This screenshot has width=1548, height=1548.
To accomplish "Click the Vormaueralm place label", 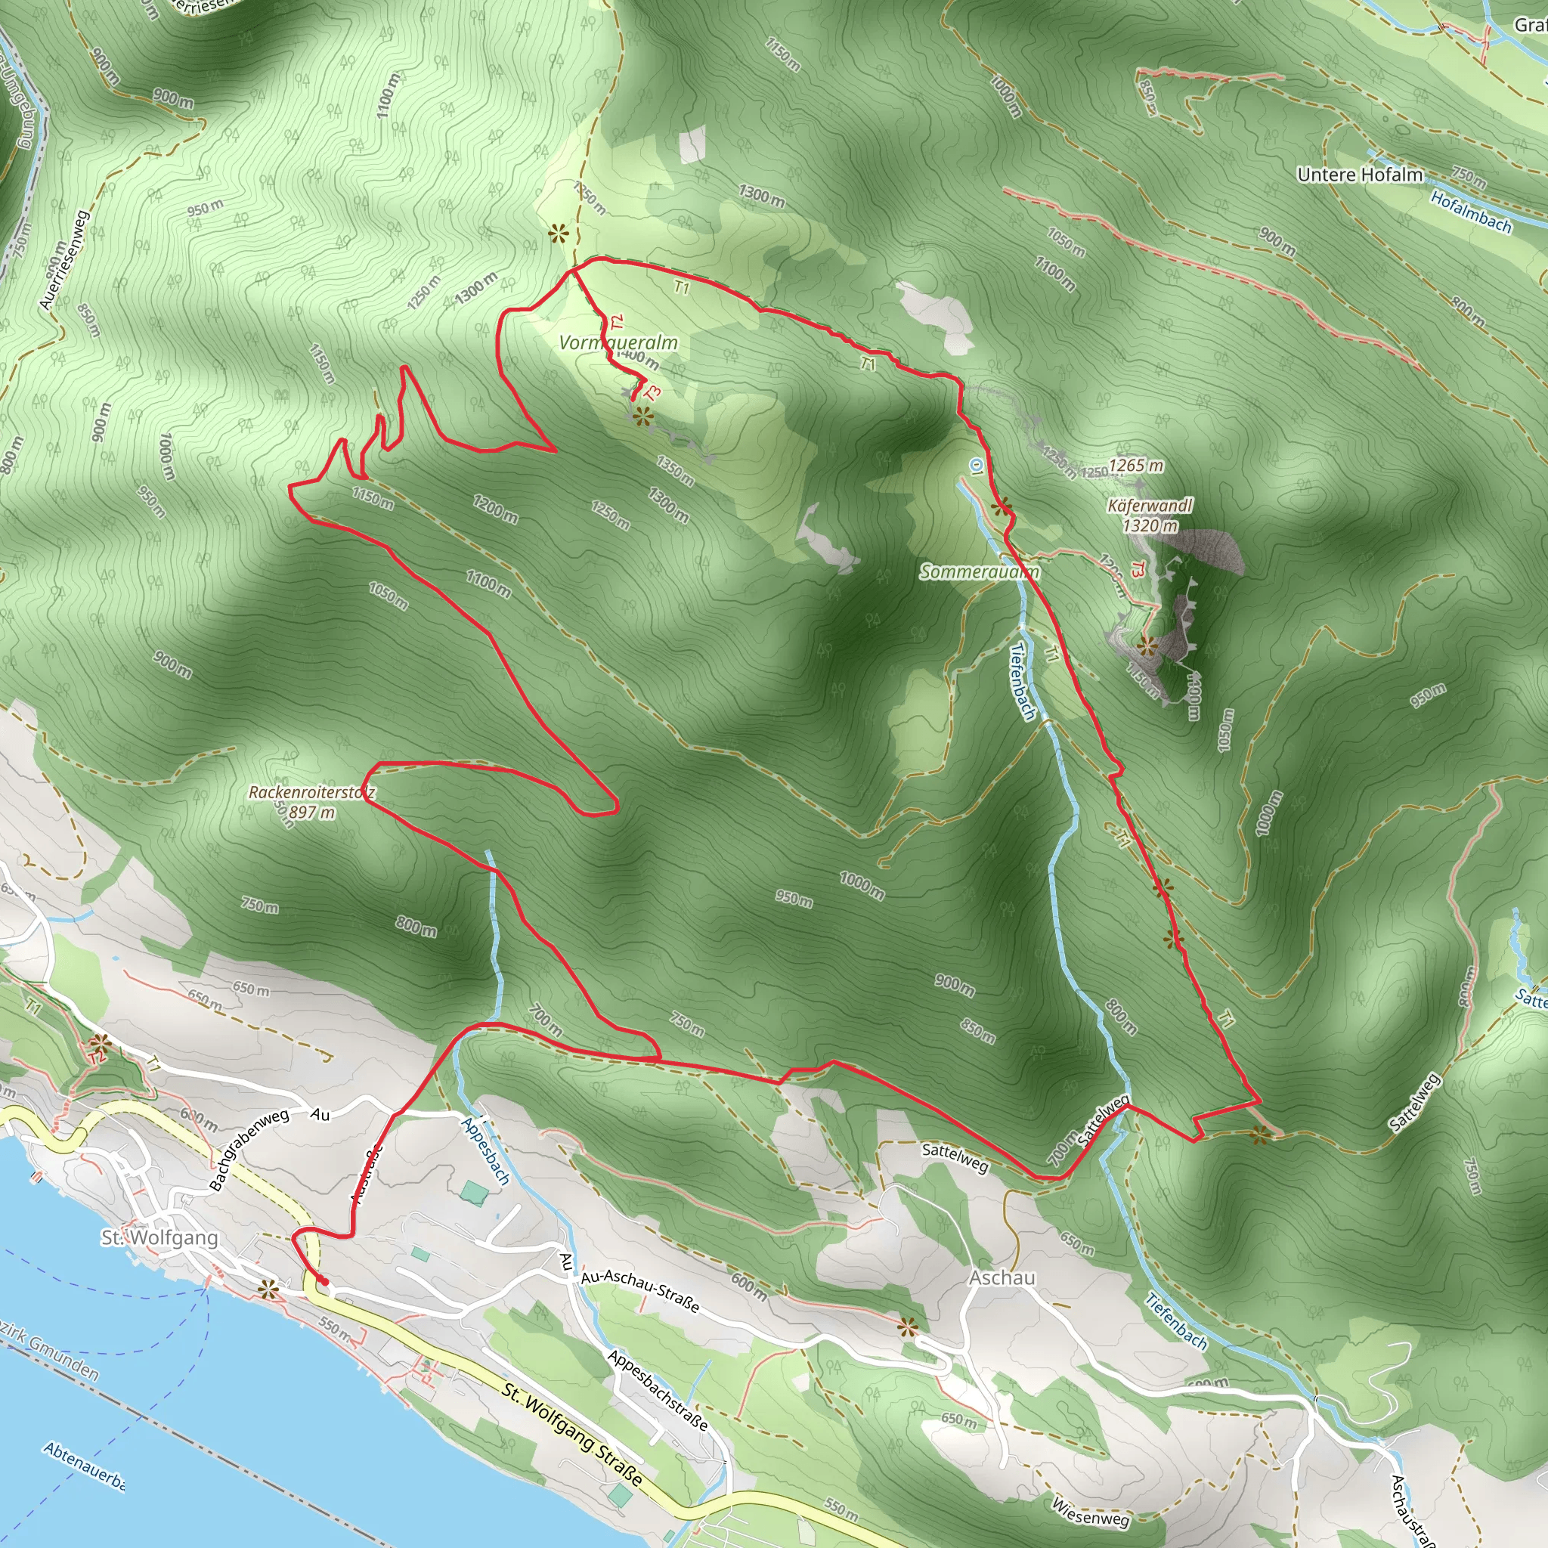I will (x=618, y=343).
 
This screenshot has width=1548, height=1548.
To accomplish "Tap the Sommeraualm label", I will (x=979, y=571).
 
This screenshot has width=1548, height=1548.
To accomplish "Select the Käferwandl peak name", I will (x=1150, y=506).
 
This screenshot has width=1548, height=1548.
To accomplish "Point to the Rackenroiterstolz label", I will (x=311, y=792).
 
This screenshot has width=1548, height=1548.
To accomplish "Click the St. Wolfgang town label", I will (x=159, y=1237).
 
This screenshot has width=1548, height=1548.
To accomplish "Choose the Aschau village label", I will (x=1002, y=1277).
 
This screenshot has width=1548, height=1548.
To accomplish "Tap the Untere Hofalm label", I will (x=1360, y=175).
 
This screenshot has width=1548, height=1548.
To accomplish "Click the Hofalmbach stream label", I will (x=1471, y=213).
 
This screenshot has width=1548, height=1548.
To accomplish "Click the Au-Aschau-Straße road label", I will (x=640, y=1291).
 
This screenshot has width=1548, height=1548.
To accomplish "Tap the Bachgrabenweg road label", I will (x=249, y=1150).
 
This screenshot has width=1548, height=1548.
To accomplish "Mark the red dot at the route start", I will (x=324, y=1282).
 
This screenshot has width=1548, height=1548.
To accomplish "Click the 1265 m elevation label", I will (x=1136, y=466).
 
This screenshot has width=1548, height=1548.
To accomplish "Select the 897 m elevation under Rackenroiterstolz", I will (x=311, y=813).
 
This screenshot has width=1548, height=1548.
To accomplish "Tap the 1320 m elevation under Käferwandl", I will (x=1150, y=525).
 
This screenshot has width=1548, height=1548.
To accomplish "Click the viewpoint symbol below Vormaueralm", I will (x=642, y=416).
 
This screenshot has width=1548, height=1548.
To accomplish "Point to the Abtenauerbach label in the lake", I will (x=84, y=1467).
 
